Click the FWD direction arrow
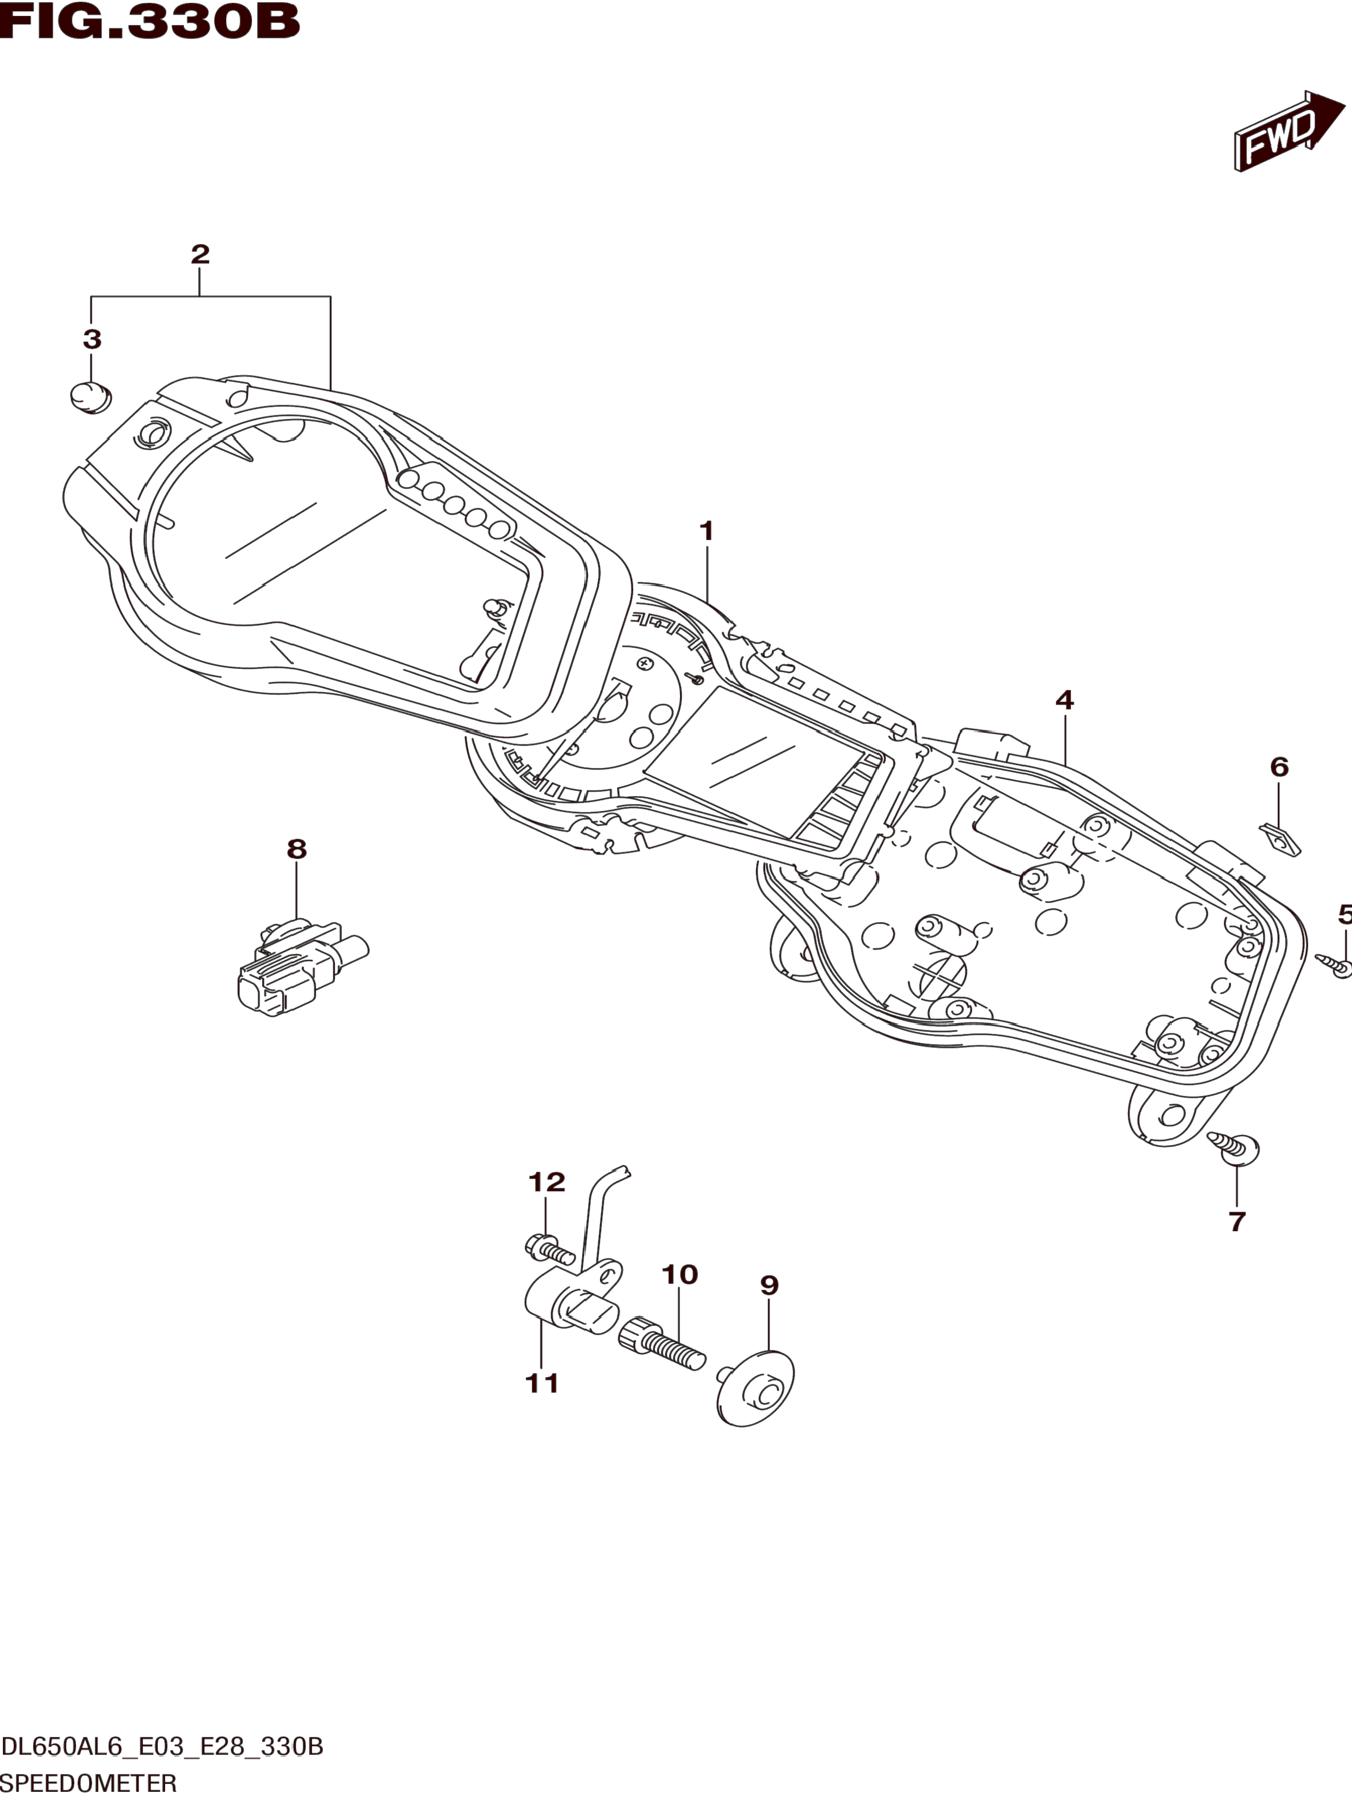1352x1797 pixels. [x=1288, y=131]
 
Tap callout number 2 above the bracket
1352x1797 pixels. [x=200, y=254]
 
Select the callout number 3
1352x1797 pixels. [x=92, y=339]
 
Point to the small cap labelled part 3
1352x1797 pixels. [x=90, y=397]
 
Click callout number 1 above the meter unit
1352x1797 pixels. [x=706, y=531]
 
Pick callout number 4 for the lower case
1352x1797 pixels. [x=1064, y=700]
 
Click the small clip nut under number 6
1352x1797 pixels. [x=1280, y=839]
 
